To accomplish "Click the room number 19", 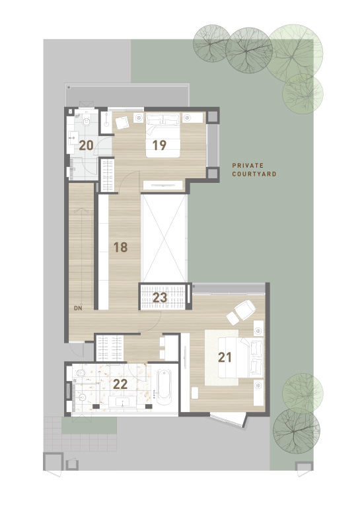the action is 159,145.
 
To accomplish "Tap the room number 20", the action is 87,145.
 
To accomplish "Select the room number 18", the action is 120,248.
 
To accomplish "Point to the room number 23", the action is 160,298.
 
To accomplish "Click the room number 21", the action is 225,357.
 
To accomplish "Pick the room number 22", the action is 120,384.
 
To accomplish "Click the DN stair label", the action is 78,308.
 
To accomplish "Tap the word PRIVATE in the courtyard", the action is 248,166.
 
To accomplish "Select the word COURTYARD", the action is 254,174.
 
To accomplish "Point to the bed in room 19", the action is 163,135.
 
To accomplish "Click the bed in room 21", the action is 241,358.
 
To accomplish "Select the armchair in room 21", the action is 245,309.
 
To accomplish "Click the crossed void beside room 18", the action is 164,238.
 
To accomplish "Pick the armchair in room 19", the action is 122,123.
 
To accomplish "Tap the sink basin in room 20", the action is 73,138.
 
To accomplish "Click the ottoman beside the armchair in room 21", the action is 233,318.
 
